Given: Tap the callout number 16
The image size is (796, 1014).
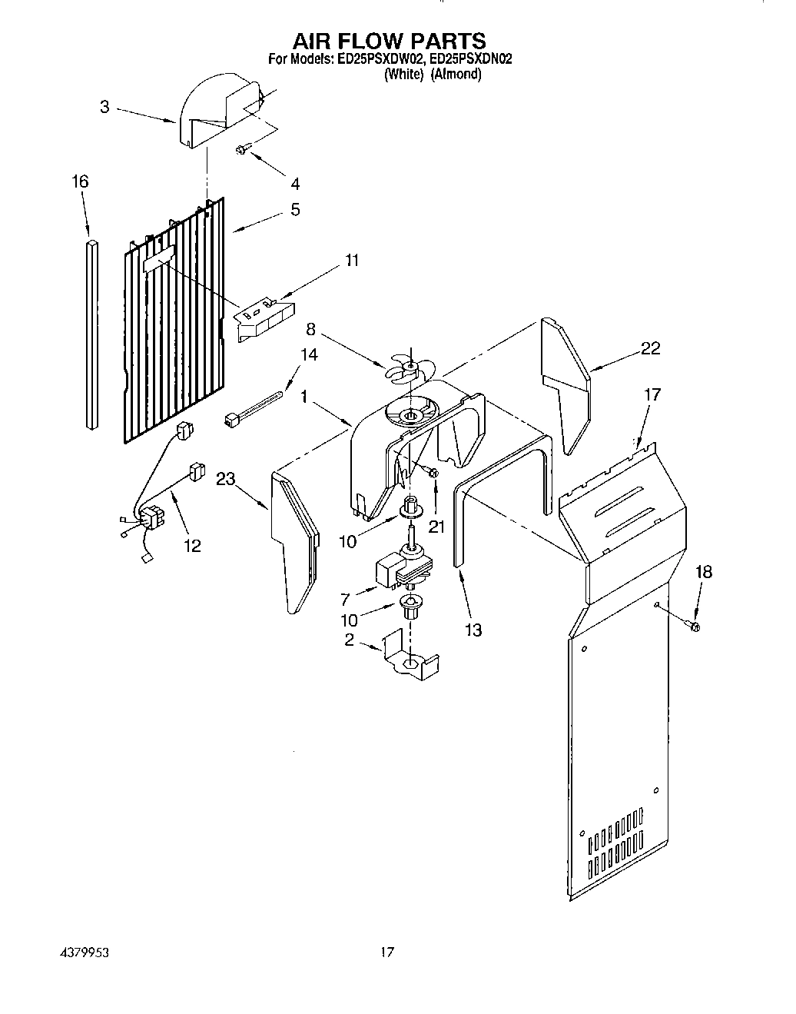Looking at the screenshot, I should tap(80, 182).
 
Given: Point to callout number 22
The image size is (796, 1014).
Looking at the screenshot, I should tap(650, 349).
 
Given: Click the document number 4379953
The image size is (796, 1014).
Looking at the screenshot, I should tap(84, 952).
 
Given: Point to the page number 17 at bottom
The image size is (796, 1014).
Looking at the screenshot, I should tap(387, 952).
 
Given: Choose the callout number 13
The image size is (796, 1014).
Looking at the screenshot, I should tap(473, 631).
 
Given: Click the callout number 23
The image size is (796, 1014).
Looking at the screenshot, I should tap(225, 479).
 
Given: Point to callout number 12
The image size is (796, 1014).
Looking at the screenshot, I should tap(192, 546).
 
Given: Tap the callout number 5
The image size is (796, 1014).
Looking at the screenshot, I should tap(295, 210).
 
